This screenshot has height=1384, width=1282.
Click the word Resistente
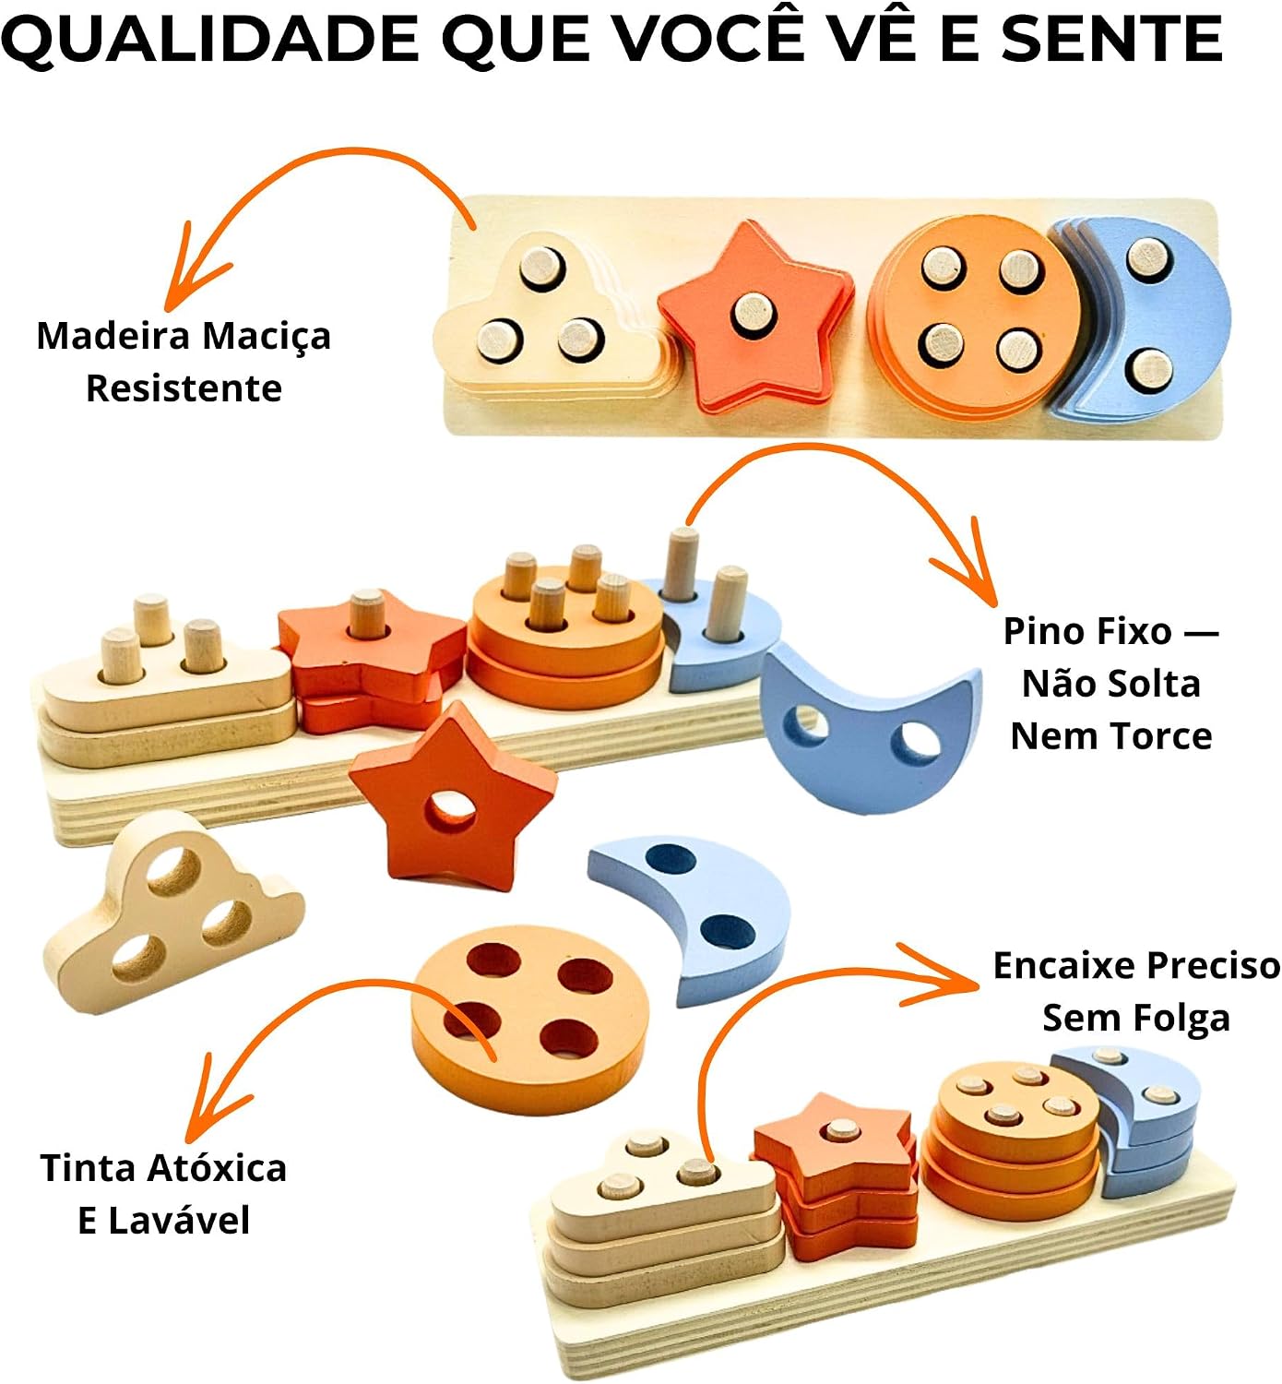coord(184,388)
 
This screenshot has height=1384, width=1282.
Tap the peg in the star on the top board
coord(753,313)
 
